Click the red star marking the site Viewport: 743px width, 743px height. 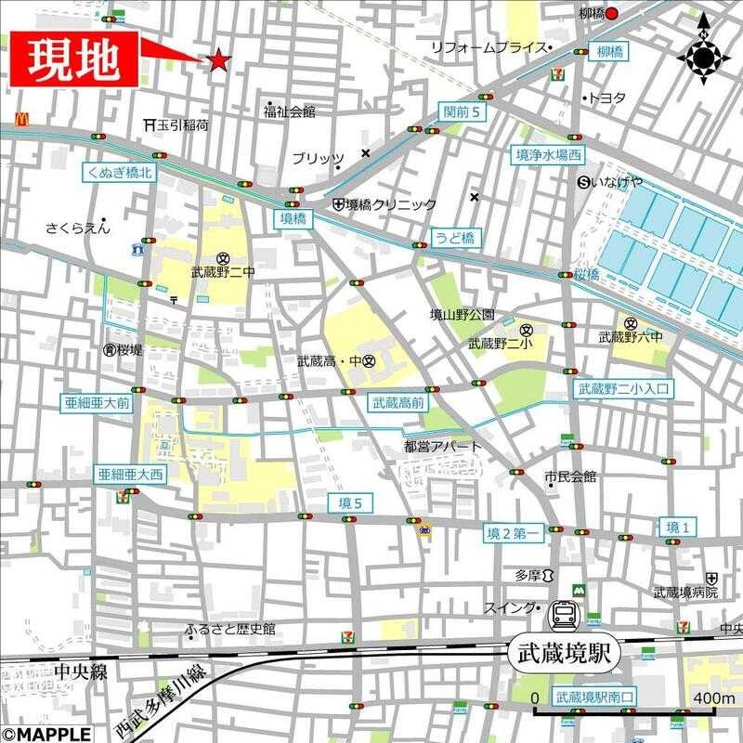[218, 61]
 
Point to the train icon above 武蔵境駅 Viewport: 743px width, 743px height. [563, 613]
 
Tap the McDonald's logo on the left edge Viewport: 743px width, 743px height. [20, 119]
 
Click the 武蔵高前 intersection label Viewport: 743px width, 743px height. [398, 403]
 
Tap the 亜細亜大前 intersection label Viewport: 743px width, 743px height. [97, 404]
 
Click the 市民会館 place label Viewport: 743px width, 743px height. [570, 476]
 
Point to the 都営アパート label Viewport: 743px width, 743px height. [443, 447]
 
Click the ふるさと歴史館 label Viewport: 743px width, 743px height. [230, 629]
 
